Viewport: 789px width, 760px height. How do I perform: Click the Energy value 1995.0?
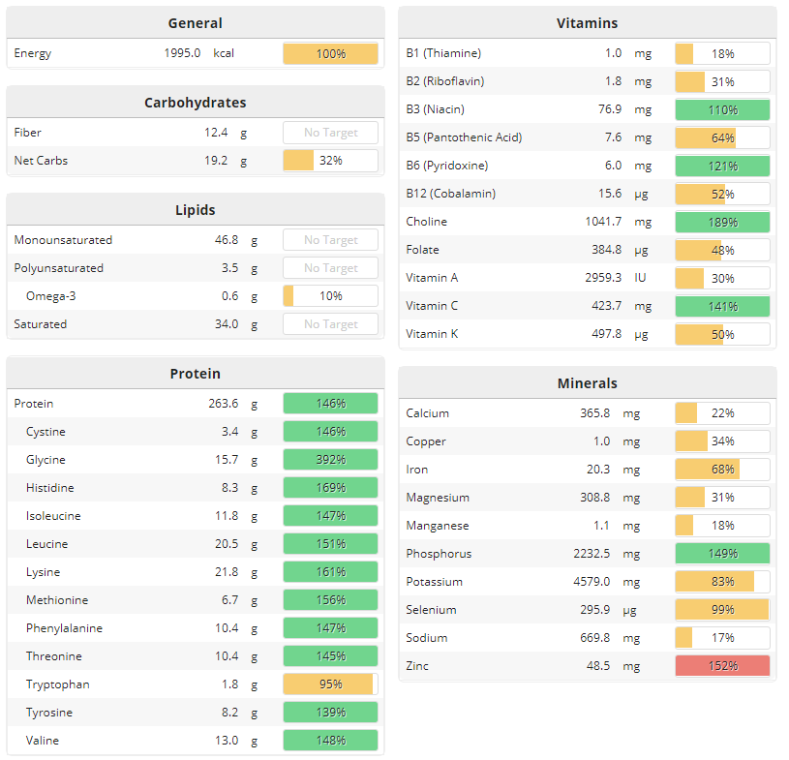(x=182, y=53)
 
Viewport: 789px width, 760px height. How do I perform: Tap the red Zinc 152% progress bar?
(x=722, y=666)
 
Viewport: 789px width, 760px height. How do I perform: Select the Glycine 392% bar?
(x=330, y=460)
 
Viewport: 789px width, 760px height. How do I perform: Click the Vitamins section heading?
(x=587, y=22)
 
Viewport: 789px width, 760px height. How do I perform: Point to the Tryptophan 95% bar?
(x=330, y=684)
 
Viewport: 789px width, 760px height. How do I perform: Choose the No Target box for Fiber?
(x=330, y=133)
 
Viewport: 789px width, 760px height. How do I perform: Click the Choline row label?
(x=427, y=222)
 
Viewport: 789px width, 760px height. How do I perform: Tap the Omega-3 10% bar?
(x=330, y=296)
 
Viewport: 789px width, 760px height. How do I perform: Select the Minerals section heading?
(x=587, y=383)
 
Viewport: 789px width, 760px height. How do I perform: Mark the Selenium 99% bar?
(x=722, y=610)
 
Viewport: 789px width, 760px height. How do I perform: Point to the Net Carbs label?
(x=41, y=161)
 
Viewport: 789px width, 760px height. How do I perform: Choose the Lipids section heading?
(x=195, y=209)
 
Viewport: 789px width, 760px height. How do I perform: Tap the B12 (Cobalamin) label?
(x=450, y=194)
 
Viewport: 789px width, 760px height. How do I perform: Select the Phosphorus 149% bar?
(x=722, y=554)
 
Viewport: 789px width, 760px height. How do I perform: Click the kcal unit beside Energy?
(x=224, y=53)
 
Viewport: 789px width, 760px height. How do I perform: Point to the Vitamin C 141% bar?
(x=722, y=306)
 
